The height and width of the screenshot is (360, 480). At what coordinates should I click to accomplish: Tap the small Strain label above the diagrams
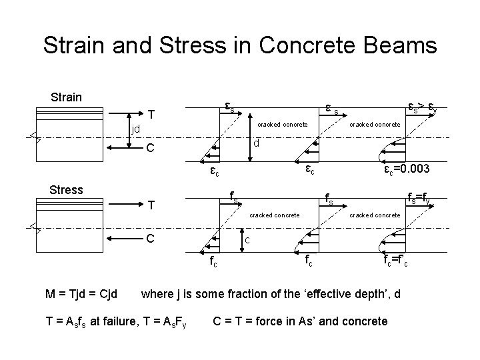(x=66, y=97)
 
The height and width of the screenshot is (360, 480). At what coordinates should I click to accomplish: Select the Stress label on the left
(x=67, y=190)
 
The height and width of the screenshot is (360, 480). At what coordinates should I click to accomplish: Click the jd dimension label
(x=135, y=127)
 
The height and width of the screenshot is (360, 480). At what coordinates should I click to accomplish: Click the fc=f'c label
(x=398, y=262)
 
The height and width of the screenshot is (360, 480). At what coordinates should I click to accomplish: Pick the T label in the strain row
(x=152, y=113)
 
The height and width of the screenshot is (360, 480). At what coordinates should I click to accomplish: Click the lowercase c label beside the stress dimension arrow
(x=247, y=241)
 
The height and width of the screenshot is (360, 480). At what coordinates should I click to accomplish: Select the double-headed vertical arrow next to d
(x=249, y=136)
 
